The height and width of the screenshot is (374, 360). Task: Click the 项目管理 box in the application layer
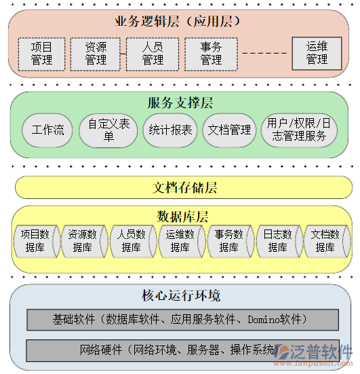coord(41,54)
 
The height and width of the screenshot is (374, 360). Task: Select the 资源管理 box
coord(96,54)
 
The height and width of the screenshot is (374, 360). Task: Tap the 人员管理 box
coord(153,54)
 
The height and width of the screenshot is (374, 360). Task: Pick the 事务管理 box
coord(211,54)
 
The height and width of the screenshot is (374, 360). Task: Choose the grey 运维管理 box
coord(317,53)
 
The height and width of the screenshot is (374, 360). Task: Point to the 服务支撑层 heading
coord(180,103)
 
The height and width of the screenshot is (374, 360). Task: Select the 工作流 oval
coord(47,130)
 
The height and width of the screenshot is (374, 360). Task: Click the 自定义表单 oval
coord(108,130)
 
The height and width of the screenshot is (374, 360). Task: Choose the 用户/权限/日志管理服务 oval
coord(299,130)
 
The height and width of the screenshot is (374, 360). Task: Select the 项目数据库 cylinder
coord(35,241)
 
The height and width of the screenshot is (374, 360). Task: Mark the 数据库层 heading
coord(182,217)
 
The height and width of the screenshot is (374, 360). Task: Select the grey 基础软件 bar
coord(182,319)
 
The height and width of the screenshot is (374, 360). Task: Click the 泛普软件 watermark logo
coord(316,352)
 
